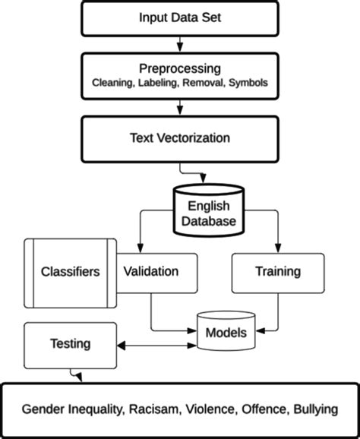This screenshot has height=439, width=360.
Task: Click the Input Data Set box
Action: pos(180,17)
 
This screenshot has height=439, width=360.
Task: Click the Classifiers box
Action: pos(70,271)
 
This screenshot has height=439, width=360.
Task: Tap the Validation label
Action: pos(151,271)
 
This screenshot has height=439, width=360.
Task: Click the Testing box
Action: pos(69,343)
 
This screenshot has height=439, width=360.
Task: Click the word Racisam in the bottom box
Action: pos(154,409)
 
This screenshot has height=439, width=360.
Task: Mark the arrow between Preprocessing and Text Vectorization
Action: pos(180,107)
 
